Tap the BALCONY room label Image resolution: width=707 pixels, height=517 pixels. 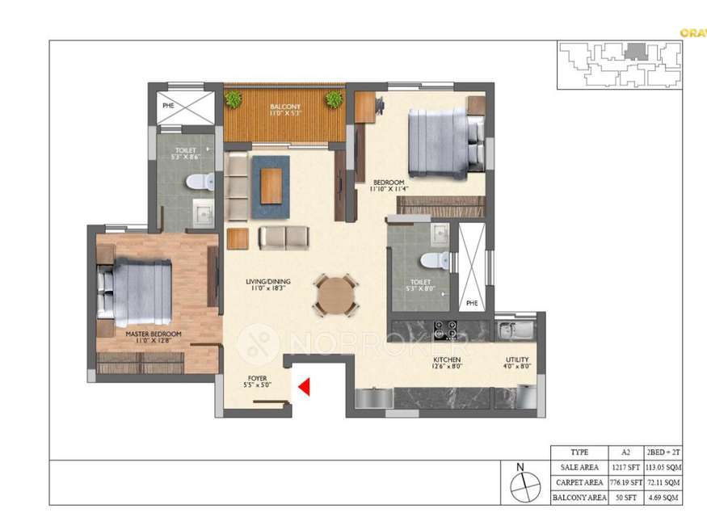pyautogui.click(x=284, y=107)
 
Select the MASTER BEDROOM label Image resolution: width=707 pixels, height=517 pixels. pyautogui.click(x=153, y=333)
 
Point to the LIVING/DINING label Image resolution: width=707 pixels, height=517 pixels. pyautogui.click(x=268, y=282)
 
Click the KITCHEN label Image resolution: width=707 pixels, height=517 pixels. pyautogui.click(x=447, y=359)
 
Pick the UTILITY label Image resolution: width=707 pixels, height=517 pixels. pyautogui.click(x=517, y=359)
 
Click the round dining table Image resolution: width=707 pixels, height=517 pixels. pyautogui.click(x=335, y=296)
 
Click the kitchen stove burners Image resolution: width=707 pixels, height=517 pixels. pyautogui.click(x=445, y=330)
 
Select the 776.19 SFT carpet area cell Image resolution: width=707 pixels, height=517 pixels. pyautogui.click(x=623, y=482)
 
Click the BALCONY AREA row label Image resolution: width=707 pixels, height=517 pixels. pyautogui.click(x=579, y=498)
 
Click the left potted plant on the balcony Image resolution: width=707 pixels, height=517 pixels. pyautogui.click(x=234, y=99)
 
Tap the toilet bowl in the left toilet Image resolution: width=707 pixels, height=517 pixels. pyautogui.click(x=196, y=183)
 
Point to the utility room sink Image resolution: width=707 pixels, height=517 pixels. pyautogui.click(x=507, y=330)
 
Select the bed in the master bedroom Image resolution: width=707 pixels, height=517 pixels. pyautogui.click(x=136, y=289)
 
